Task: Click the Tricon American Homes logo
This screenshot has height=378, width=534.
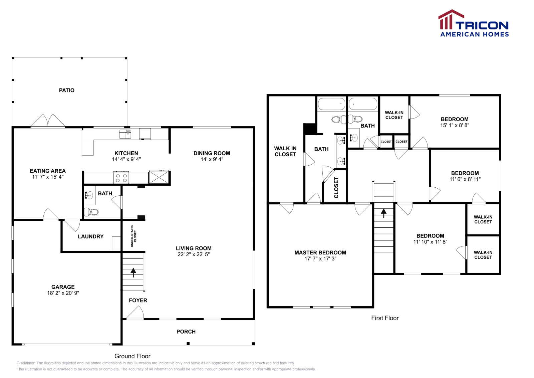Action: (x=474, y=24)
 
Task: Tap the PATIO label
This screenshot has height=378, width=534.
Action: (x=67, y=90)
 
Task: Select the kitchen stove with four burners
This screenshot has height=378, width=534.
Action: (x=121, y=178)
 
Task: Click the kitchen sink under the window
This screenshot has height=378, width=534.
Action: (x=125, y=134)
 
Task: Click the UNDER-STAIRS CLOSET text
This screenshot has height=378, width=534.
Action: (x=133, y=236)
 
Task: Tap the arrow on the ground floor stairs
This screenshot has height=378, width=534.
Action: (x=133, y=272)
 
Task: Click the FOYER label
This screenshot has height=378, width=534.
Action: (x=138, y=300)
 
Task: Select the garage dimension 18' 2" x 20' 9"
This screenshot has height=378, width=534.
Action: (x=63, y=293)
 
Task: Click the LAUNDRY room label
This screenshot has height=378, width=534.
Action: (x=91, y=236)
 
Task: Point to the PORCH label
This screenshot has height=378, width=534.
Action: (x=186, y=332)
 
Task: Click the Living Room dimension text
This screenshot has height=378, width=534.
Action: (x=194, y=254)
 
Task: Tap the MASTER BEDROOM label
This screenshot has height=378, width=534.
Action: (x=320, y=252)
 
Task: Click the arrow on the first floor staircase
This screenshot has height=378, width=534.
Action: (x=383, y=213)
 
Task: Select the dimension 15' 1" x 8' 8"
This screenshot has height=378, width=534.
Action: (x=455, y=125)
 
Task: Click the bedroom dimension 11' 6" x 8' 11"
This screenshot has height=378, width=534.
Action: (x=465, y=179)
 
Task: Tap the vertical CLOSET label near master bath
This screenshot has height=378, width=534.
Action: (x=336, y=188)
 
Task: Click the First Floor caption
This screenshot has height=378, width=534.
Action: (x=385, y=318)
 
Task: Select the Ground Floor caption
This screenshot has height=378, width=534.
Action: (x=132, y=356)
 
